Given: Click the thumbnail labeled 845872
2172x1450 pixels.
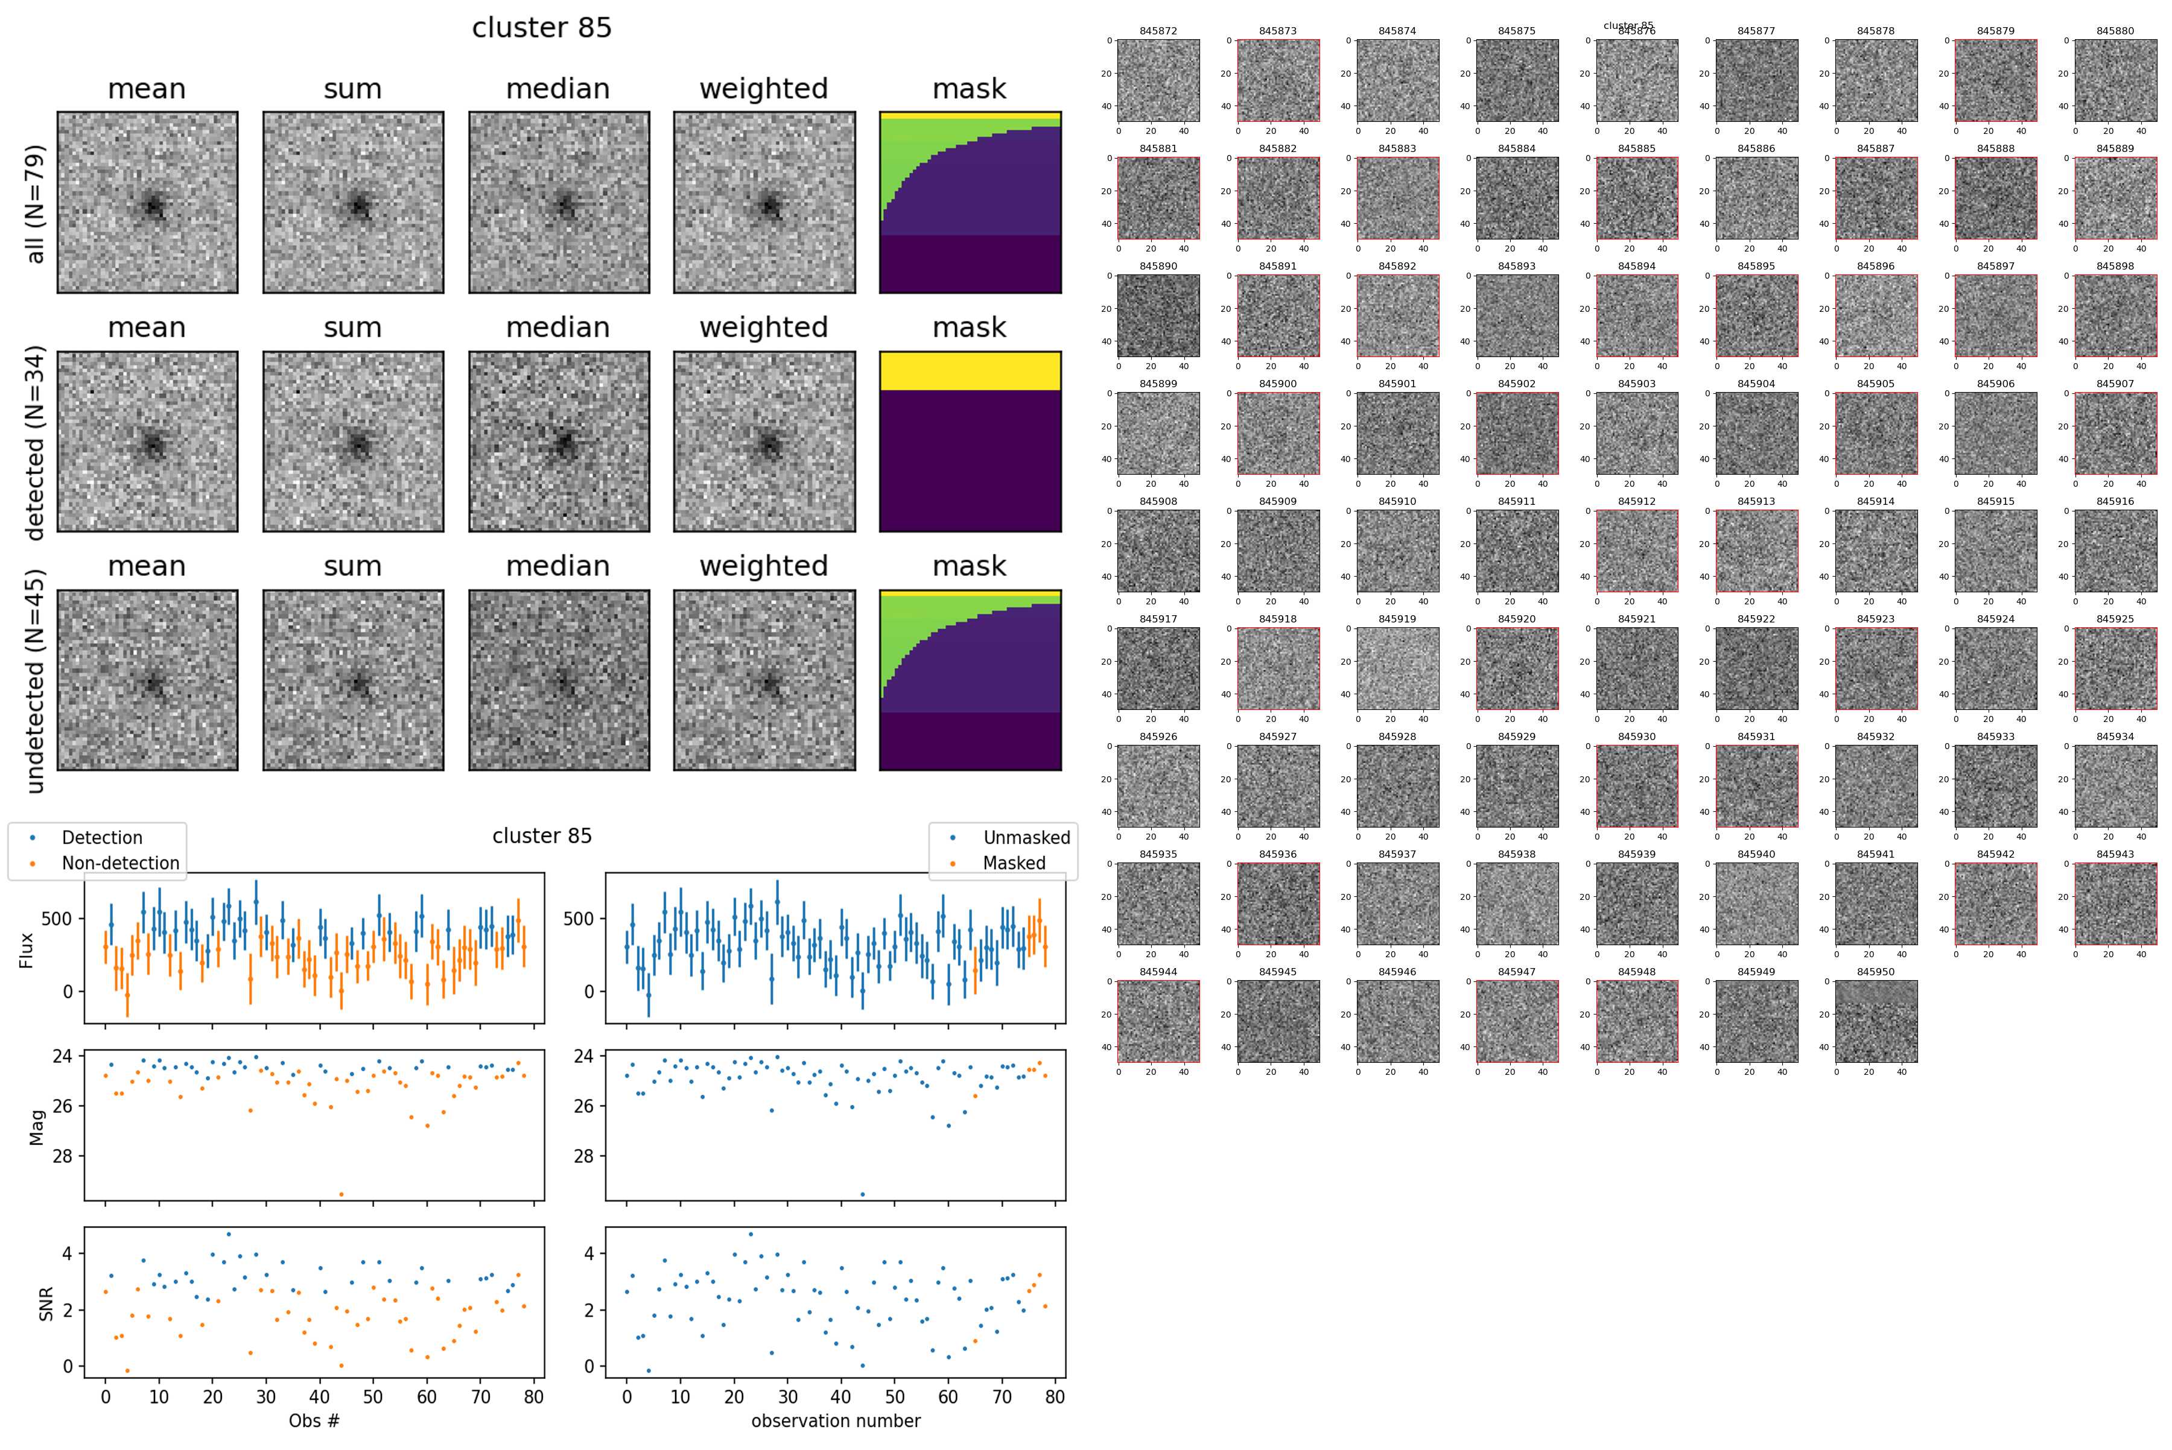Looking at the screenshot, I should point(1158,80).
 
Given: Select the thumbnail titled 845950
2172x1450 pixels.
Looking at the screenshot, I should point(1876,1021).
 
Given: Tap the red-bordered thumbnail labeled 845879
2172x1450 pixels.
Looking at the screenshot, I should point(1995,80).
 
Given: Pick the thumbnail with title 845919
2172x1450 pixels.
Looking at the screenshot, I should point(1398,668).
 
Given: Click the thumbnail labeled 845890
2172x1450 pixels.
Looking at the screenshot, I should point(1158,315).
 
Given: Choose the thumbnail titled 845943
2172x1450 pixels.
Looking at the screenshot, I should point(2115,904).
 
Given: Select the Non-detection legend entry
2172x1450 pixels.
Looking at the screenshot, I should point(120,863).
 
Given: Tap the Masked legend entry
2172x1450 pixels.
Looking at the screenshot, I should point(1014,863).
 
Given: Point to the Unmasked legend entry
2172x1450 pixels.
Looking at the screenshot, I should point(1026,838).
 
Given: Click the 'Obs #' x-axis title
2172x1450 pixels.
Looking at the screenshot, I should point(314,1420).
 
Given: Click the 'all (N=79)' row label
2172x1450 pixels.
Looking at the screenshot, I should point(35,203).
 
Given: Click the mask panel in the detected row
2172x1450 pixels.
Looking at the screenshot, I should point(970,441).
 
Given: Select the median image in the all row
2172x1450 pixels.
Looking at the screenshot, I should point(559,203).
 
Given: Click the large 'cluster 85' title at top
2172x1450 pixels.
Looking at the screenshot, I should point(542,28).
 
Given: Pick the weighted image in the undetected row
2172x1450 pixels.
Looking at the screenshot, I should point(764,680).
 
